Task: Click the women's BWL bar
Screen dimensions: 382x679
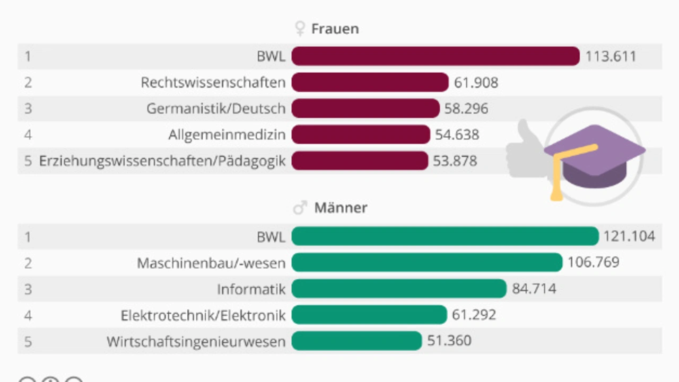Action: pyautogui.click(x=435, y=56)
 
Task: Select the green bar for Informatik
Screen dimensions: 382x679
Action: pyautogui.click(x=399, y=289)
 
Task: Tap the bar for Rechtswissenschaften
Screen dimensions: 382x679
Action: pyautogui.click(x=370, y=82)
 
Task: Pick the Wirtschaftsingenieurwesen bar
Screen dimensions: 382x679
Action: pyautogui.click(x=356, y=341)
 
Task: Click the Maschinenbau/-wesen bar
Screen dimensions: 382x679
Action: pyautogui.click(x=426, y=262)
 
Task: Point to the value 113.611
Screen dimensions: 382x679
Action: pyautogui.click(x=611, y=56)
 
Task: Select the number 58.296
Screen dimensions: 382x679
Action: pyautogui.click(x=466, y=109)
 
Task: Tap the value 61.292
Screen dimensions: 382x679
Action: pyautogui.click(x=474, y=315)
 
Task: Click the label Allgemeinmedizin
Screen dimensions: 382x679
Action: pyautogui.click(x=227, y=135)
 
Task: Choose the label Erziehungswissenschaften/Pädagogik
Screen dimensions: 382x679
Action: pyautogui.click(x=162, y=161)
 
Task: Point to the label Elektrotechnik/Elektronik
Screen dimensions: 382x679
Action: pyautogui.click(x=203, y=315)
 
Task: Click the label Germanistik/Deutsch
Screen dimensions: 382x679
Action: pyautogui.click(x=216, y=109)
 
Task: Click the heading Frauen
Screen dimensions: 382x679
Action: pyautogui.click(x=335, y=29)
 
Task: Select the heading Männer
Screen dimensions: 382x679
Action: pyautogui.click(x=341, y=208)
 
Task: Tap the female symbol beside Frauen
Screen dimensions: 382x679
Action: pyautogui.click(x=300, y=29)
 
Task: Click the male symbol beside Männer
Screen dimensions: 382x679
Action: pyautogui.click(x=300, y=208)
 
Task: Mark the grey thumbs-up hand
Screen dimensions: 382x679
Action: pyautogui.click(x=523, y=151)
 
